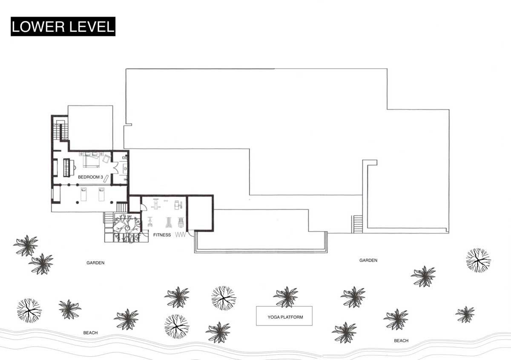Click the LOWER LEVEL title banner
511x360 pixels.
(63, 26)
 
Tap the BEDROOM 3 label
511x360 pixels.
(90, 177)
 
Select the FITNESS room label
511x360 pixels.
(162, 235)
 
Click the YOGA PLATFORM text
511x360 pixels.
(285, 317)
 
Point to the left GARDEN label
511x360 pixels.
(95, 263)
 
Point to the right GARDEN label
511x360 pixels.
(368, 260)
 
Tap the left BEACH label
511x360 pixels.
(90, 333)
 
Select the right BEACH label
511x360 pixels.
(401, 340)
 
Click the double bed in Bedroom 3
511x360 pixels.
(91, 160)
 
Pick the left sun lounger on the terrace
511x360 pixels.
(83, 194)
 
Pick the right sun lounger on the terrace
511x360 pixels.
(101, 194)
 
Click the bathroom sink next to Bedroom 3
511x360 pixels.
(125, 169)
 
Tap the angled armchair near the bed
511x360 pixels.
(106, 158)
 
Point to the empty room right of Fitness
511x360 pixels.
(200, 213)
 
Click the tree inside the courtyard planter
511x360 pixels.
(126, 228)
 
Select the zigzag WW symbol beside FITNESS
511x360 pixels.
(181, 235)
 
